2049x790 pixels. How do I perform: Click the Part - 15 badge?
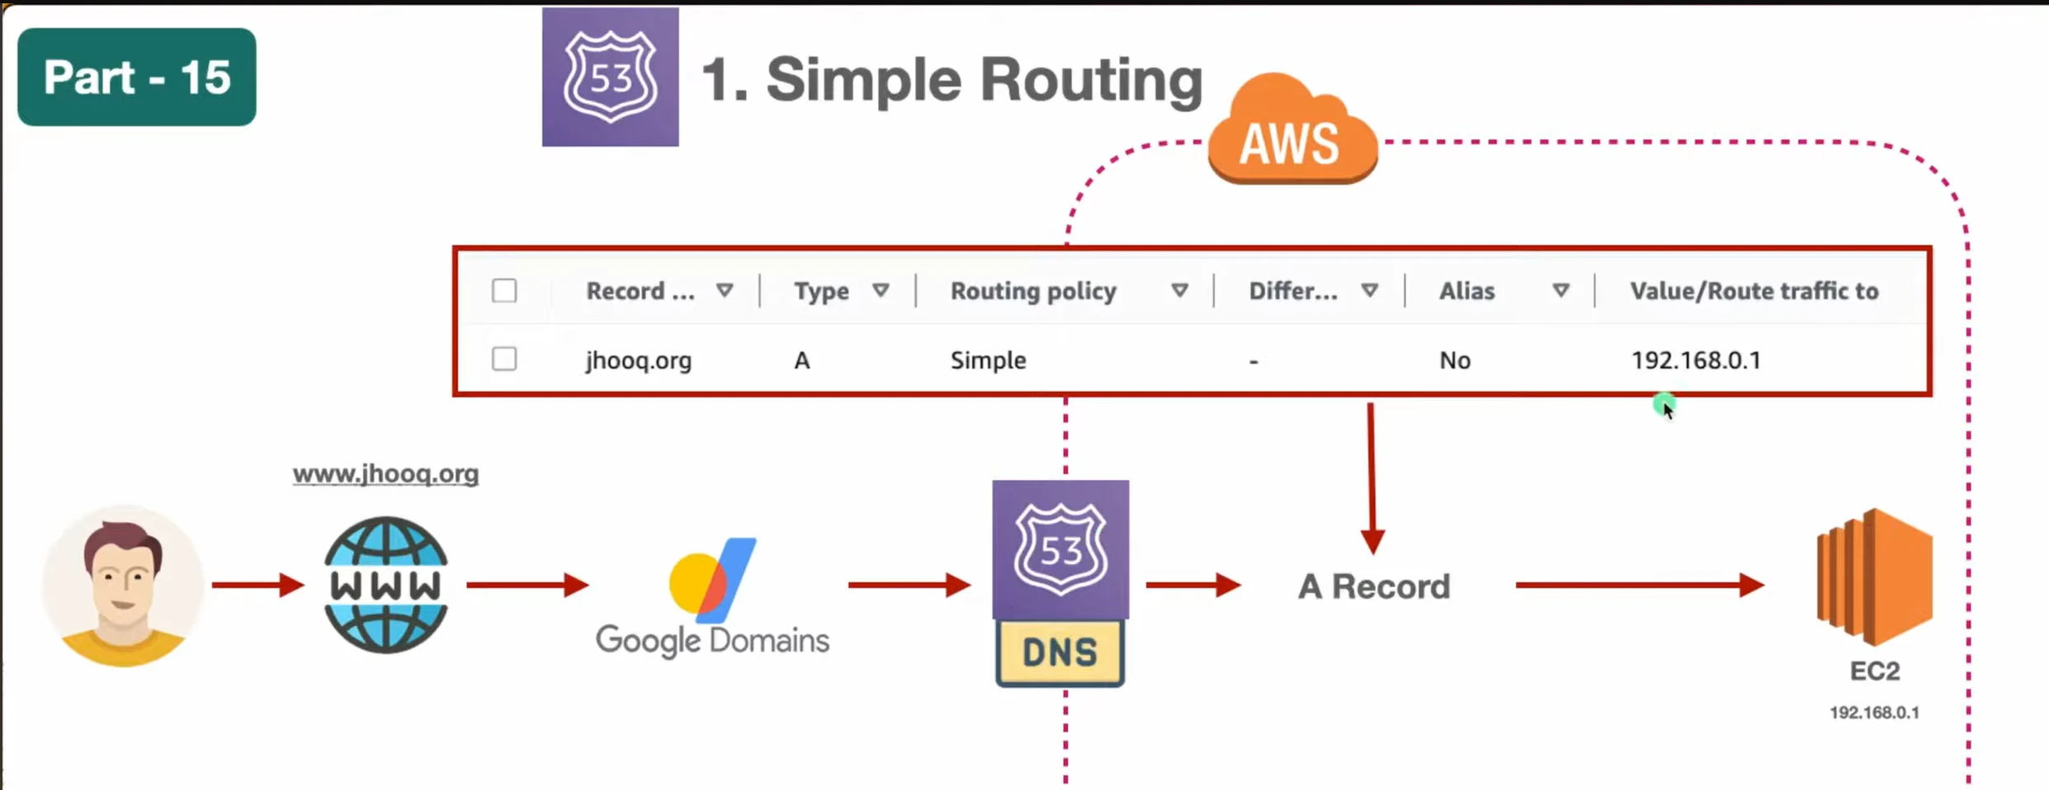pos(137,77)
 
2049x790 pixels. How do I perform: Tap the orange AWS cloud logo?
pos(1291,132)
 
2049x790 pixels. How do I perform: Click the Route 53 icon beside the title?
pos(610,78)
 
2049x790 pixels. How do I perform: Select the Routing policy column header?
pos(1033,291)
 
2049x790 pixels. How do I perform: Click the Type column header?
pos(821,291)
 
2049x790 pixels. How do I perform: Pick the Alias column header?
pos(1466,291)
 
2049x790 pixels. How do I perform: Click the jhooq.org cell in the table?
pos(639,360)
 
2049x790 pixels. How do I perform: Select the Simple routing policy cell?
pos(988,360)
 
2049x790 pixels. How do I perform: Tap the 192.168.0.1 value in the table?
pos(1696,360)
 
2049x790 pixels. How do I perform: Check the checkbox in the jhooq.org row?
pos(504,360)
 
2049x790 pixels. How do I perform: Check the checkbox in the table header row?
pos(504,290)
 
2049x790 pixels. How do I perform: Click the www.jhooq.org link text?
pos(385,474)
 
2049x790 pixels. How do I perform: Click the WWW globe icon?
pos(385,585)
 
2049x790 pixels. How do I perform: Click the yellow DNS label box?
pos(1060,652)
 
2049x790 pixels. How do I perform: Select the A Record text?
pos(1374,586)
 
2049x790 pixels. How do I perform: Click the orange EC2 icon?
pos(1874,576)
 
